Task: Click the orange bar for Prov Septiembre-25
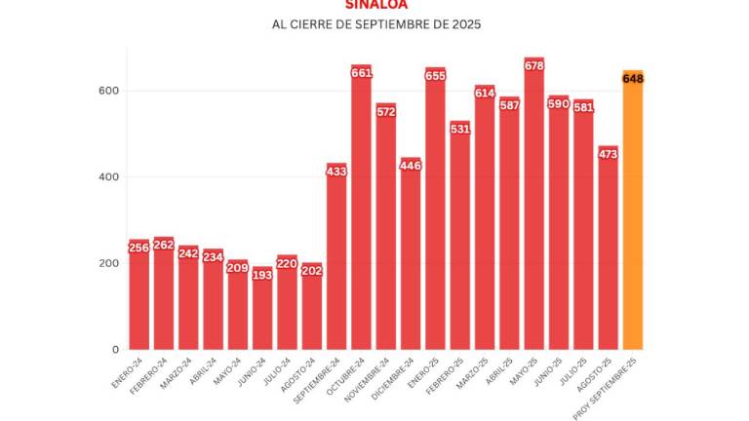(x=632, y=214)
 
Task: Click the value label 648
(x=632, y=78)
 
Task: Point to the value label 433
(x=336, y=172)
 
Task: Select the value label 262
(x=164, y=245)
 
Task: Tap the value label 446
(x=411, y=166)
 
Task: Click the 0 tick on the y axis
(x=117, y=349)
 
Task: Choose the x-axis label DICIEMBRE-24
(x=397, y=376)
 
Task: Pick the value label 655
(x=435, y=75)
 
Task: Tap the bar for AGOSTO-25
(x=608, y=253)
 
